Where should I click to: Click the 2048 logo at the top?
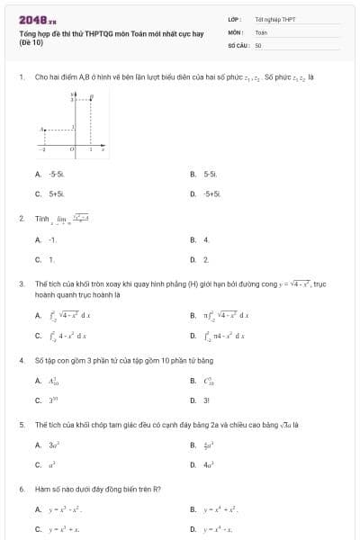[36, 19]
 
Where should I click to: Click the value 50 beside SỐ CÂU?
[258, 44]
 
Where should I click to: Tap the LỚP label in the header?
[234, 19]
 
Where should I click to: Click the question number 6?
[21, 489]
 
